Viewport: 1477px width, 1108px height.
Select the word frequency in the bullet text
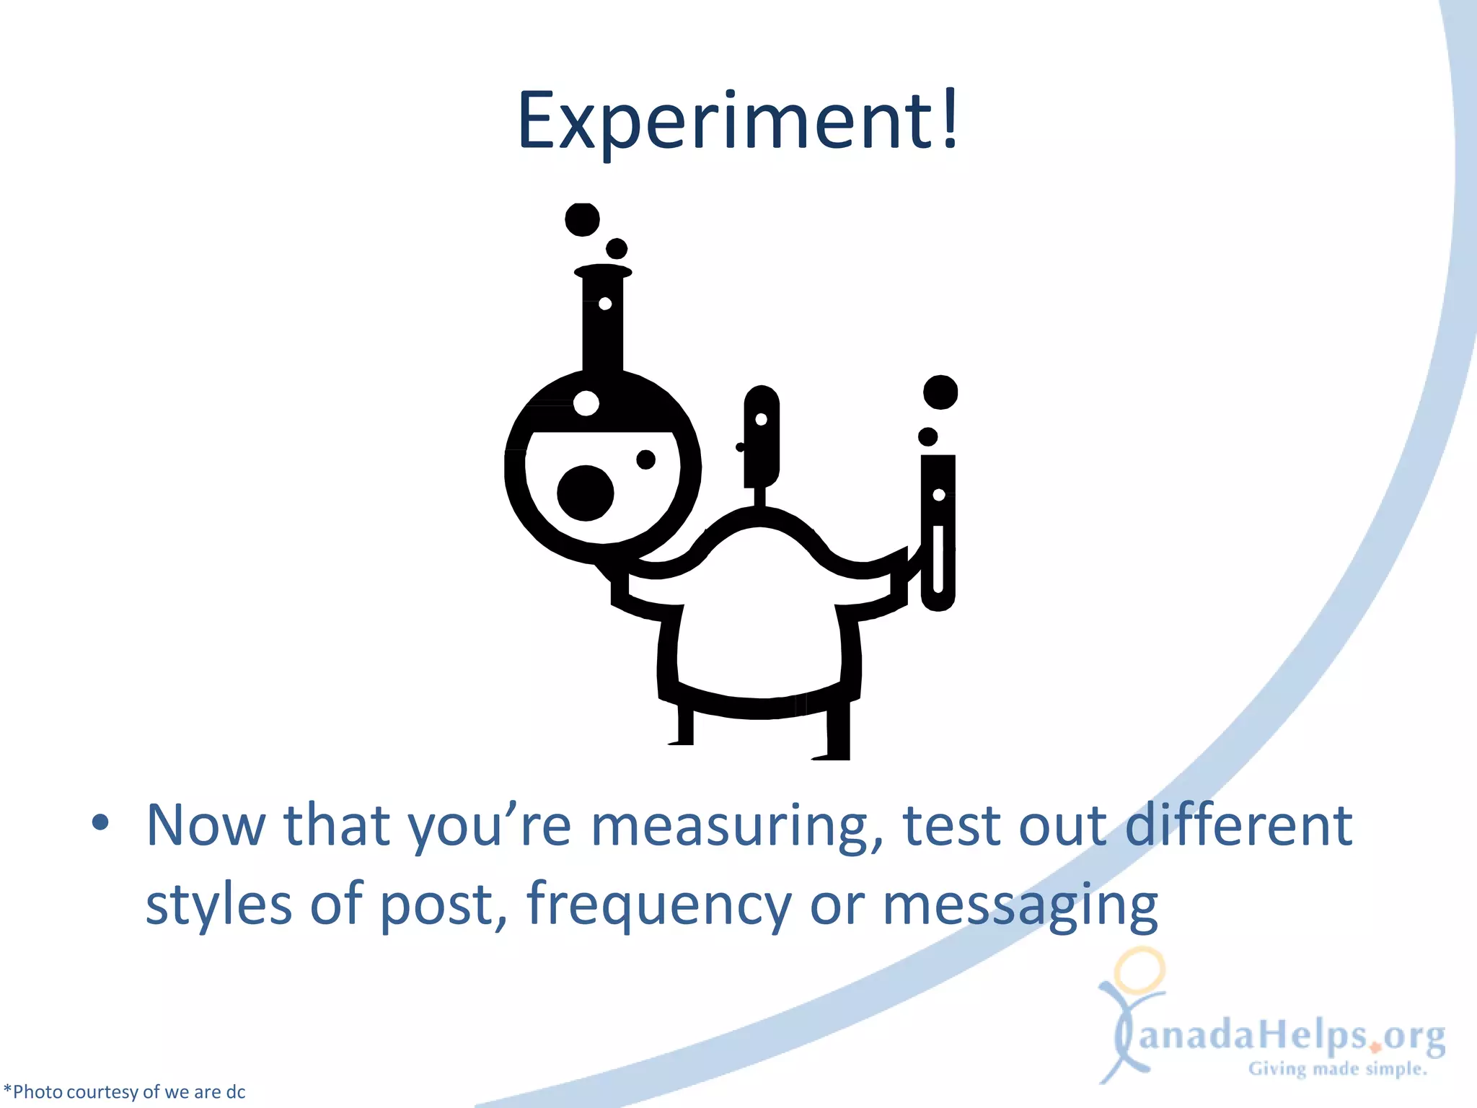pyautogui.click(x=659, y=905)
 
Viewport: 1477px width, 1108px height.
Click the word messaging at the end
pyautogui.click(x=1020, y=905)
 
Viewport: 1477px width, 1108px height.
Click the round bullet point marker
pyautogui.click(x=100, y=822)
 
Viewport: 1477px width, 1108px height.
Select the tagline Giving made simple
pyautogui.click(x=1337, y=1068)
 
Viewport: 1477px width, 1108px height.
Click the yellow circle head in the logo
pyautogui.click(x=1139, y=969)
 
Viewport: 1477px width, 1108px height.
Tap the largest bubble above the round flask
pyautogui.click(x=582, y=219)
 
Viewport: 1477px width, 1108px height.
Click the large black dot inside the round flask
pyautogui.click(x=585, y=493)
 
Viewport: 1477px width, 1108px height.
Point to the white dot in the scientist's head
pyautogui.click(x=761, y=420)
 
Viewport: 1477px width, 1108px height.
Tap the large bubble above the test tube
pyautogui.click(x=940, y=392)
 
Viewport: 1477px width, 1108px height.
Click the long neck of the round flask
pyautogui.click(x=602, y=325)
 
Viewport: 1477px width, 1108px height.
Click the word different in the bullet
pyautogui.click(x=1238, y=825)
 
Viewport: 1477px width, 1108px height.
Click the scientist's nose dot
pyautogui.click(x=739, y=447)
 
